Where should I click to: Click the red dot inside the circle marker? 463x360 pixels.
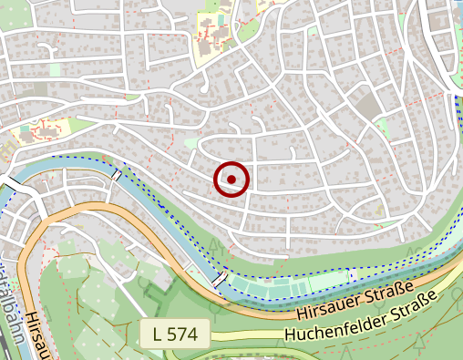(231, 179)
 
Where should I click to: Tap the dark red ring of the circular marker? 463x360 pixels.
(231, 163)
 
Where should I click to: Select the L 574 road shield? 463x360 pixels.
(175, 334)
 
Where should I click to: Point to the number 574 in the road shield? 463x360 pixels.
(183, 334)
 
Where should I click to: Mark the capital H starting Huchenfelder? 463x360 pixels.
(291, 335)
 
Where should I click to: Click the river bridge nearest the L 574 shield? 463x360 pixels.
(221, 277)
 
